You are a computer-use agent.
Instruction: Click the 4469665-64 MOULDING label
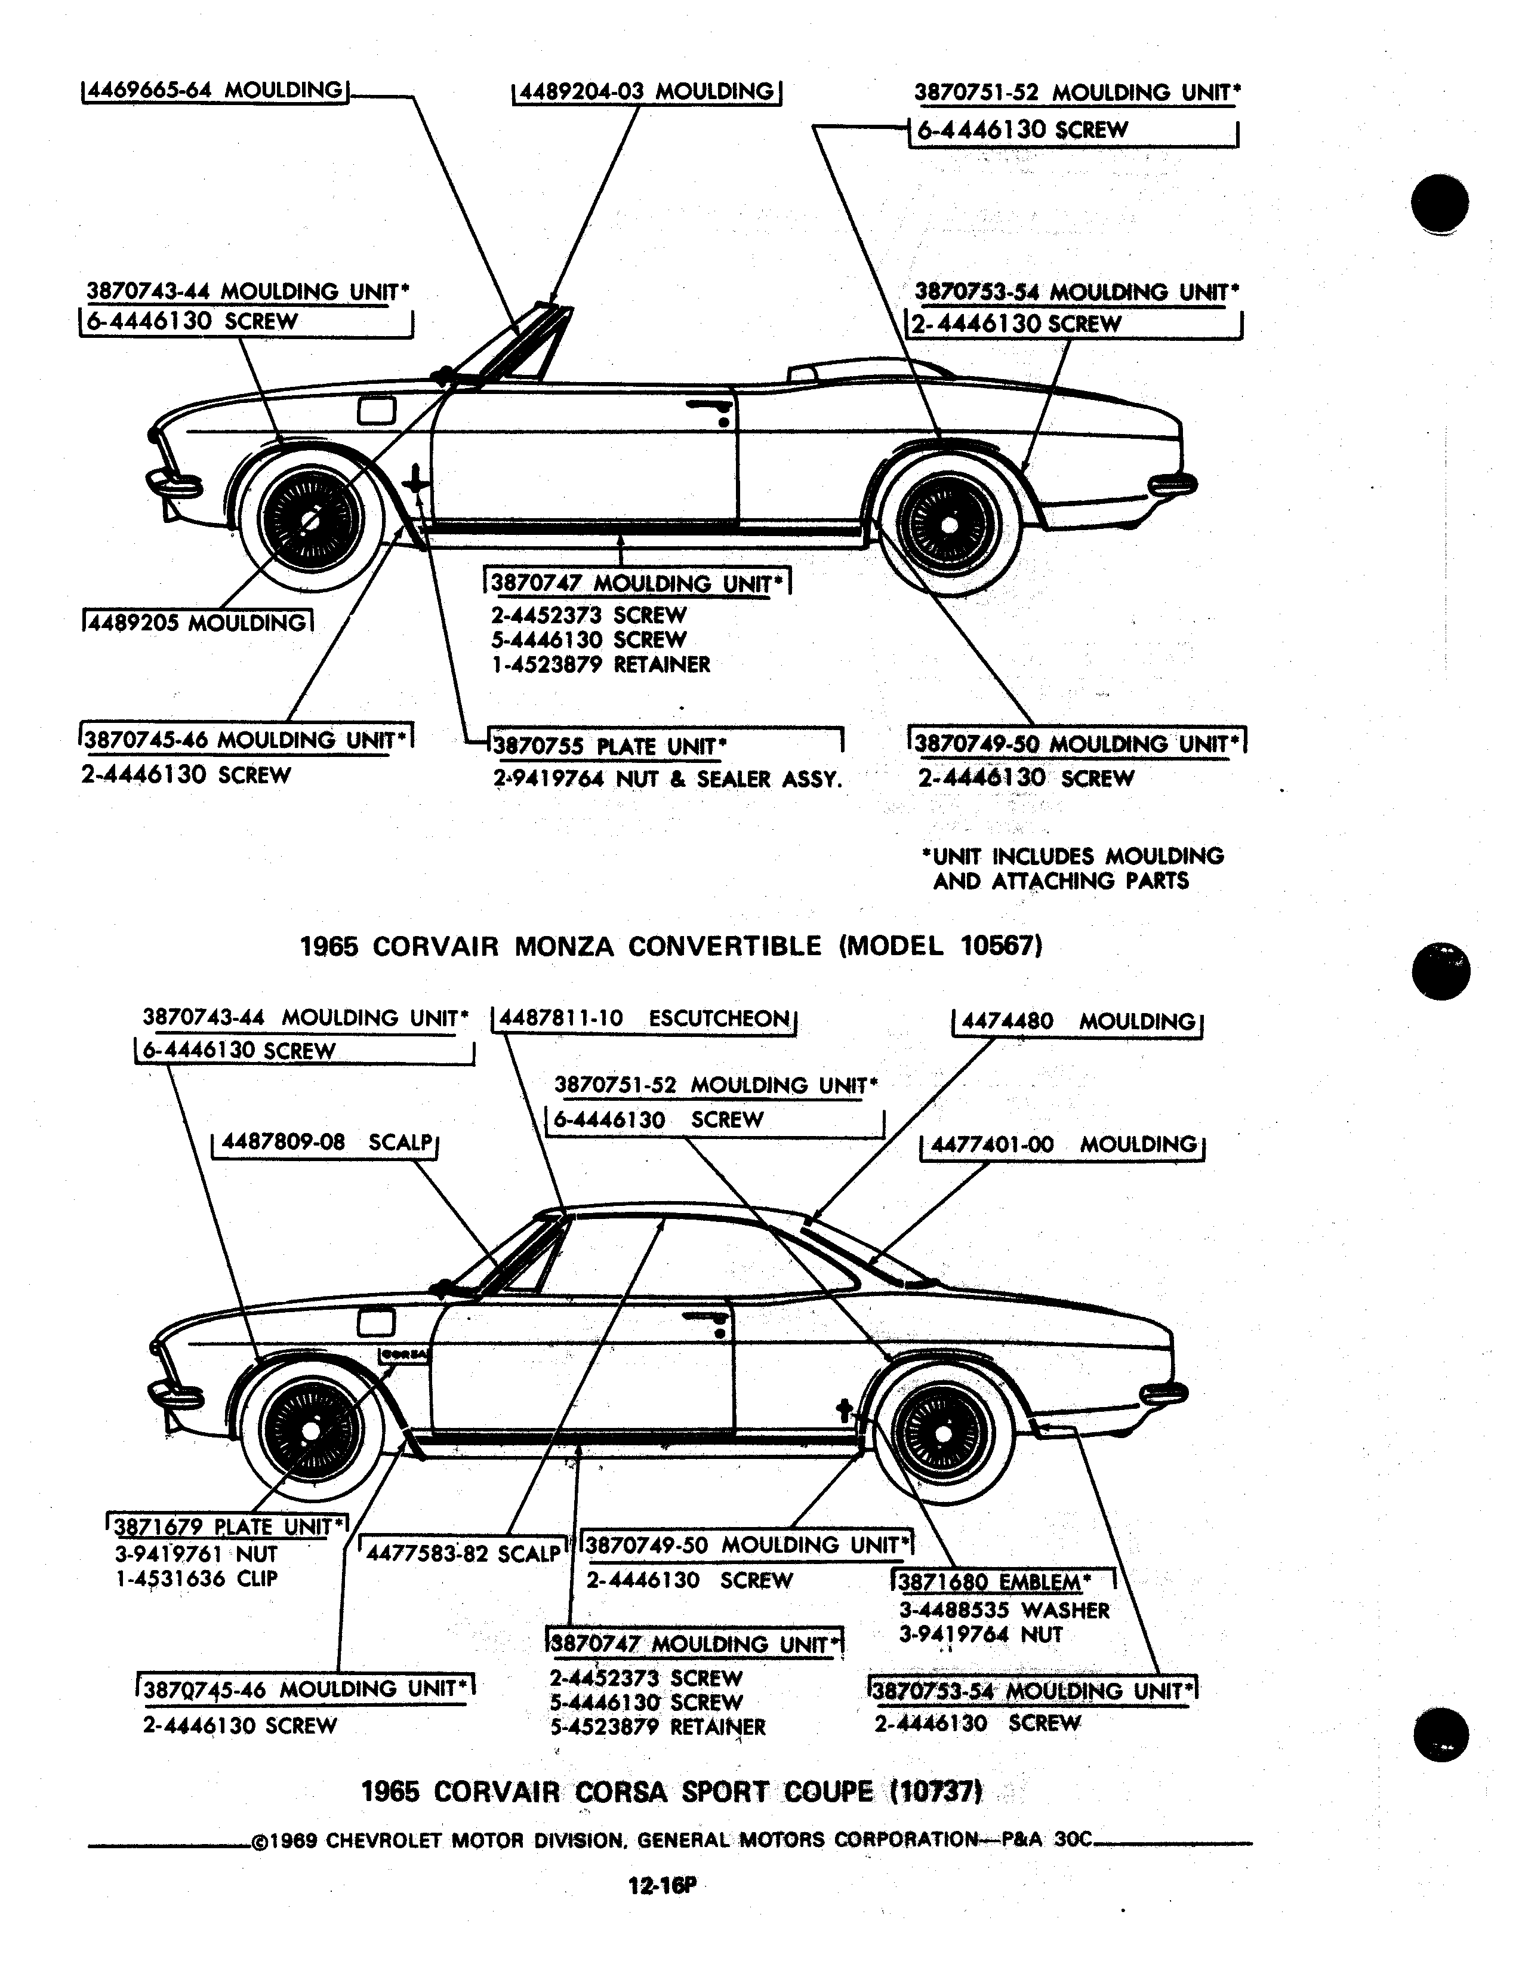(215, 91)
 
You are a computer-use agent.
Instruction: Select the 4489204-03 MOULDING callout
(646, 92)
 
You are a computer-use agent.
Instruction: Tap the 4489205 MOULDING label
(198, 623)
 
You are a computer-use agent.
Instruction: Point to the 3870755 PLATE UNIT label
(609, 746)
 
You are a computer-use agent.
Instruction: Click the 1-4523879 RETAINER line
(600, 665)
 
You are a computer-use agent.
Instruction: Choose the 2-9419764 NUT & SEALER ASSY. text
(667, 778)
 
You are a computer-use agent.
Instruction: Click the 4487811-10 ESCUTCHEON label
(644, 1018)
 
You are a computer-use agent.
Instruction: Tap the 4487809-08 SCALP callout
(325, 1142)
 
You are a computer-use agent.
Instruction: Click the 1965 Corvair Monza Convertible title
(671, 946)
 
